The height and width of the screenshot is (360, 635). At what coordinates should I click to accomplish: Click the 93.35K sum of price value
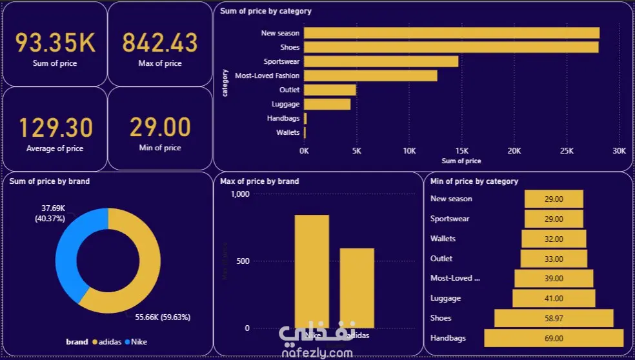pyautogui.click(x=55, y=43)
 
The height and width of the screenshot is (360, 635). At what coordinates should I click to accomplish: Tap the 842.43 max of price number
pyautogui.click(x=160, y=43)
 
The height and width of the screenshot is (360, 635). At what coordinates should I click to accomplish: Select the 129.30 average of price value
pyautogui.click(x=55, y=128)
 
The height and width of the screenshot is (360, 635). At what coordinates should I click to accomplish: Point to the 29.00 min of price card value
pyautogui.click(x=160, y=128)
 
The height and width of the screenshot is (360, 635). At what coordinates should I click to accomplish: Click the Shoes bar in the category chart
pyautogui.click(x=451, y=47)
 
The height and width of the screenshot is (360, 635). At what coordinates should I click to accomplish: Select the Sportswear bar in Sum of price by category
pyautogui.click(x=381, y=61)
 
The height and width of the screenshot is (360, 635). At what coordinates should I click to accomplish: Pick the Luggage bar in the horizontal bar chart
pyautogui.click(x=327, y=104)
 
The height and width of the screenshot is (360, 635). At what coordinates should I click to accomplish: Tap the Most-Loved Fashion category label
pyautogui.click(x=267, y=75)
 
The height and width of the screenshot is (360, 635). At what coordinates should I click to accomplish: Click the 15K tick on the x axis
pyautogui.click(x=462, y=150)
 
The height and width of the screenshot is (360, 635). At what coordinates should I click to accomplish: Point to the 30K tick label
pyautogui.click(x=618, y=150)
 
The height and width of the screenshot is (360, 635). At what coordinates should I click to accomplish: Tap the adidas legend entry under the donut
pyautogui.click(x=108, y=342)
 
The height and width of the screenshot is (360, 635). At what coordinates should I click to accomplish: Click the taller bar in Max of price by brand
pyautogui.click(x=312, y=271)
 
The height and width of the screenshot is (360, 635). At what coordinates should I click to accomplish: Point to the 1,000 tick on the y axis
pyautogui.click(x=239, y=194)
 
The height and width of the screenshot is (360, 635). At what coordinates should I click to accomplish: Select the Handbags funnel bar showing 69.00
pyautogui.click(x=554, y=338)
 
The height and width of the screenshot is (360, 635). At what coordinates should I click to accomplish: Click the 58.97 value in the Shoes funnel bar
pyautogui.click(x=554, y=318)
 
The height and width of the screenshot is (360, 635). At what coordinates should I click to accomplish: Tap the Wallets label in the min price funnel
pyautogui.click(x=443, y=239)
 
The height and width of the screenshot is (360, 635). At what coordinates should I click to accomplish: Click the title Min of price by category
pyautogui.click(x=474, y=181)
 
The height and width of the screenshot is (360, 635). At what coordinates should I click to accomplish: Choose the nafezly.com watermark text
pyautogui.click(x=317, y=353)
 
